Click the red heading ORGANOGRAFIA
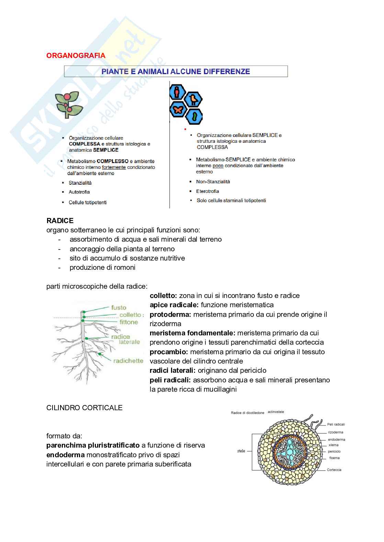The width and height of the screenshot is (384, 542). pos(76,56)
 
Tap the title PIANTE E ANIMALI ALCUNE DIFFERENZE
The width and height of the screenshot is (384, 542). pos(176,71)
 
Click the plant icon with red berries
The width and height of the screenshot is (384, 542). pos(69,104)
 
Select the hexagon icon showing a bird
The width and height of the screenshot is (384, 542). pos(193,99)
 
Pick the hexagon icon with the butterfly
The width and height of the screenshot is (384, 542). pos(178,109)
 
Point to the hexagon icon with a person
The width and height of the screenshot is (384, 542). pos(177,92)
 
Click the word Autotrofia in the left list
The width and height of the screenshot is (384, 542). pos(79,192)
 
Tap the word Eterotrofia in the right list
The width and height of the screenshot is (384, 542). pos(207,191)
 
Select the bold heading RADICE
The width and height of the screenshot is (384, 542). pos(60,221)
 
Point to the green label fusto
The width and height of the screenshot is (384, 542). pos(118,308)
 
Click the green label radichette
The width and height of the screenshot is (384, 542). pos(128,361)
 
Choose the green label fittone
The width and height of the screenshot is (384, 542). pos(129,322)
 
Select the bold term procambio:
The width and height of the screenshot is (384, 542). pos(169,352)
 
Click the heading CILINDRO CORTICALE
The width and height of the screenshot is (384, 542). pos(84,408)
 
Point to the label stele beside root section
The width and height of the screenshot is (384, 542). pos(241,451)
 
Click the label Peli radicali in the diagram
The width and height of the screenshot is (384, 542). pos(336,424)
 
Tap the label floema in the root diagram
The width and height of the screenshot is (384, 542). pos(334,458)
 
